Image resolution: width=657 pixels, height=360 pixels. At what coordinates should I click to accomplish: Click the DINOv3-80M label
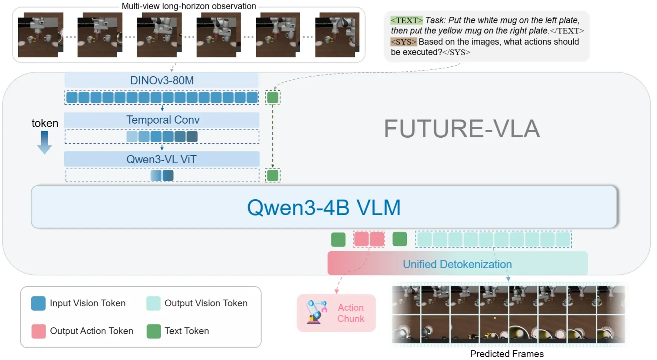[x=162, y=80]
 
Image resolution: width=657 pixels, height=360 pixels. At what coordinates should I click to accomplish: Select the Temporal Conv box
[x=162, y=120]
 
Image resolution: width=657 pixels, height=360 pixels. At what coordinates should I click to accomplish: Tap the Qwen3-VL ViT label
[x=161, y=159]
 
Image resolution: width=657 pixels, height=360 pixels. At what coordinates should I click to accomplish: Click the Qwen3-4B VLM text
[x=324, y=207]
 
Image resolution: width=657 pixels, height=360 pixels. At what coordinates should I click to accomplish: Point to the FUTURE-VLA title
[x=462, y=129]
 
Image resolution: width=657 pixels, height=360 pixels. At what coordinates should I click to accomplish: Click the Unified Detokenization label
[x=457, y=264]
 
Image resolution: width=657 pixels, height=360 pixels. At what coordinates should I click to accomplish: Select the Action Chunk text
[x=351, y=313]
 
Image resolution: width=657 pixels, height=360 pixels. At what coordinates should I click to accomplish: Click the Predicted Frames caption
[x=507, y=354]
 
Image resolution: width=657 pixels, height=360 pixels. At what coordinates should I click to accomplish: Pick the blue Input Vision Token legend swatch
[x=39, y=303]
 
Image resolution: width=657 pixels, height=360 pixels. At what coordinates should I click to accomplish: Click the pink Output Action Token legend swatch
[x=39, y=331]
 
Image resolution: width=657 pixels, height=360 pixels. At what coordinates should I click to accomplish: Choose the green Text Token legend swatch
[x=154, y=331]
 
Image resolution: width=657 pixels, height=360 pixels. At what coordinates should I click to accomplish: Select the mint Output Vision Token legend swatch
[x=154, y=303]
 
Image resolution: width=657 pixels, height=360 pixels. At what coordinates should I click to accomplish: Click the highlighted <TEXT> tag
[x=406, y=20]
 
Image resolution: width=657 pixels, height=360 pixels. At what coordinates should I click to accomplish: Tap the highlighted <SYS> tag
[x=403, y=42]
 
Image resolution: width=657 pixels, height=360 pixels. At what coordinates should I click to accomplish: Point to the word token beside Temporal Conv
[x=45, y=123]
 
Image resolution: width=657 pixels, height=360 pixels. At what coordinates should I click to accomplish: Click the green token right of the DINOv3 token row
[x=273, y=98]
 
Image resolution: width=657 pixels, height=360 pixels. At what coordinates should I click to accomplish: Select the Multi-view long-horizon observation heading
[x=189, y=6]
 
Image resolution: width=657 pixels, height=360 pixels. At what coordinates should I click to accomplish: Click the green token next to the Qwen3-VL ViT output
[x=273, y=175]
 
